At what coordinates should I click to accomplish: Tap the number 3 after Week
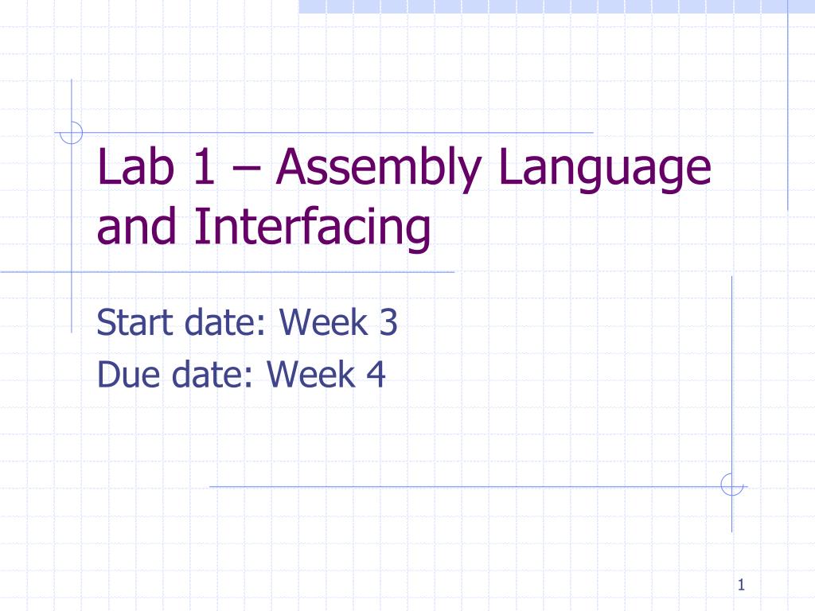tap(388, 325)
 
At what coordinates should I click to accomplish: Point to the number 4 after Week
tap(376, 373)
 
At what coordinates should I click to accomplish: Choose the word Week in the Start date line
tap(322, 325)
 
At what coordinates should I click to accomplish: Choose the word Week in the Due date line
tap(310, 373)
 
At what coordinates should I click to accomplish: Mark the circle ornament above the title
tap(72, 132)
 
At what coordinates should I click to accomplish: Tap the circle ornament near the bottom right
tap(731, 485)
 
